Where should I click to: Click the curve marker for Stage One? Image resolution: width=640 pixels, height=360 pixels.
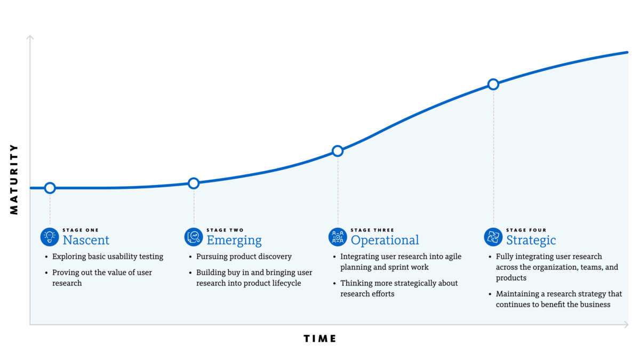click(x=50, y=188)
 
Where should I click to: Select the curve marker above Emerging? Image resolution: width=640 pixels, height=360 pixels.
click(x=194, y=183)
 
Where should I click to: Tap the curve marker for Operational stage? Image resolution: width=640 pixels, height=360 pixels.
click(x=338, y=151)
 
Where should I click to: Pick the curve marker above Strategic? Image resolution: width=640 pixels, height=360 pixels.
click(x=493, y=84)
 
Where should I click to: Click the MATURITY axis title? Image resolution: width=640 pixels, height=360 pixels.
click(x=14, y=179)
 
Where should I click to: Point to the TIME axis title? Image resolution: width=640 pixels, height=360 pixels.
click(x=320, y=339)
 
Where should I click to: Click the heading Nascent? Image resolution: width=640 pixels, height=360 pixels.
click(x=86, y=240)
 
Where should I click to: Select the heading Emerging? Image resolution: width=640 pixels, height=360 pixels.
click(x=234, y=240)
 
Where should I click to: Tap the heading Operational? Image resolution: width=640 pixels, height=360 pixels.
click(x=385, y=240)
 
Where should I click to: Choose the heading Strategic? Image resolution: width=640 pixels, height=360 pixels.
click(x=531, y=240)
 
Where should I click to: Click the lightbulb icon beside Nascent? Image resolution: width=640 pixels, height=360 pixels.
click(x=50, y=237)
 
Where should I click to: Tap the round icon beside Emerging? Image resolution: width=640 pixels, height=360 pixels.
click(x=194, y=237)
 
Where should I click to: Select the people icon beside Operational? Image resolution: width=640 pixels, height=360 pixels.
click(x=338, y=237)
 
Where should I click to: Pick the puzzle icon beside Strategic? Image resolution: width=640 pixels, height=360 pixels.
click(x=493, y=237)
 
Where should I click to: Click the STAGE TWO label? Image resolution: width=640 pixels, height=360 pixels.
click(x=225, y=230)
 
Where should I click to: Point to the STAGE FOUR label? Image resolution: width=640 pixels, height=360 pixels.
click(x=526, y=230)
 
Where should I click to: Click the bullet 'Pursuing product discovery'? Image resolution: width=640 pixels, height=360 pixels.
click(x=244, y=257)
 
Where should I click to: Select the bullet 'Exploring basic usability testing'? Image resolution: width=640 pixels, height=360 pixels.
click(x=108, y=257)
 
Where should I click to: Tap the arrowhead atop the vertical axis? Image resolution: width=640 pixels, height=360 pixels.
click(x=30, y=37)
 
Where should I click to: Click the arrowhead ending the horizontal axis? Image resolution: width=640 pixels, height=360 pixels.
click(x=626, y=324)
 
